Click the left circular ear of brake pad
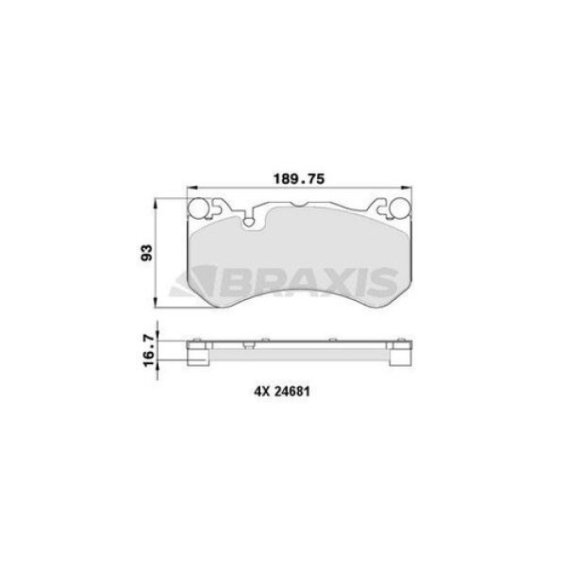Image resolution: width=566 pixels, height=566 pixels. point(199,209)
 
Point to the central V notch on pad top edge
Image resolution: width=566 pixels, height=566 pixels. point(298,211)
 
